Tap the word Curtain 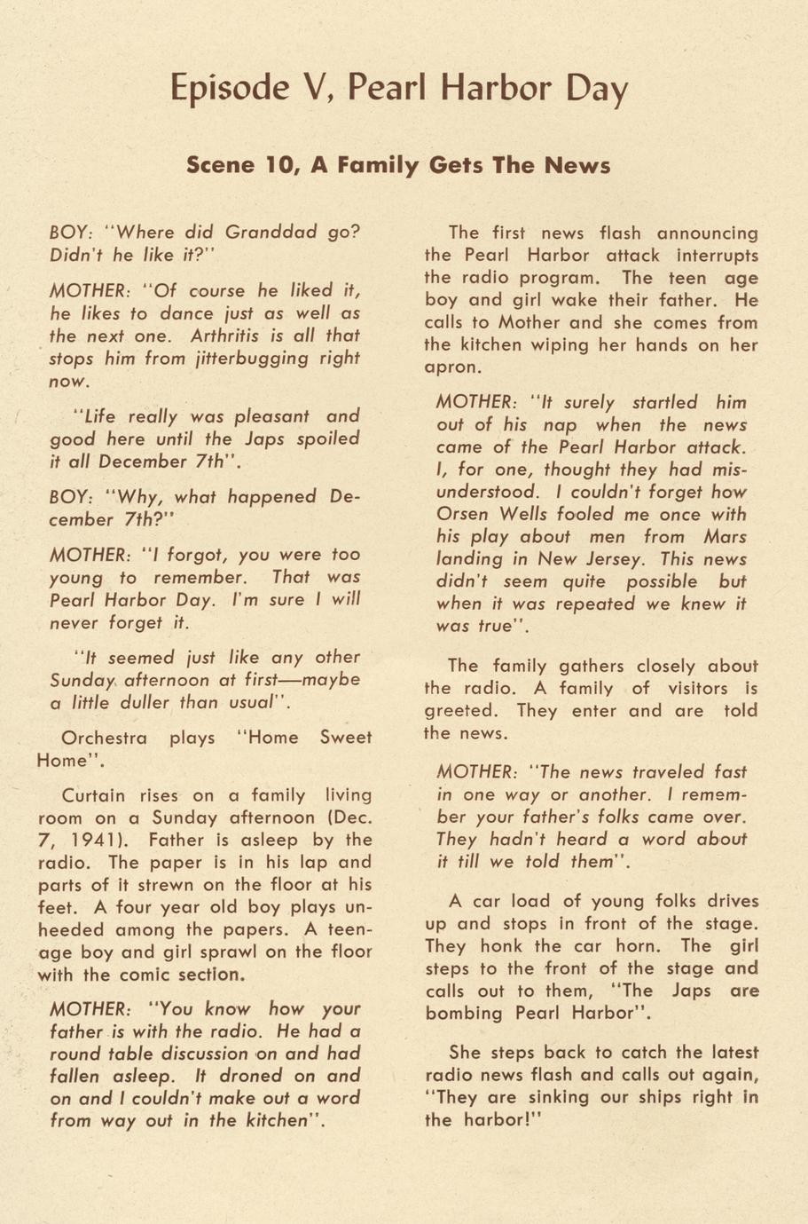94,795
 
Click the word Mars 725,536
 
